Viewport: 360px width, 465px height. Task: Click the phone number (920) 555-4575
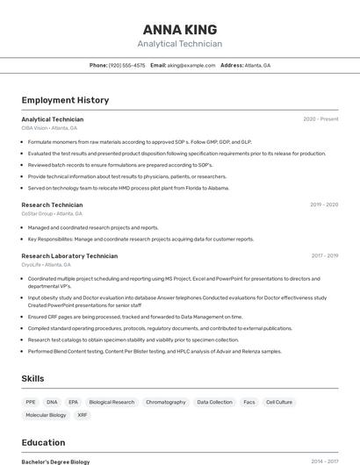(127, 65)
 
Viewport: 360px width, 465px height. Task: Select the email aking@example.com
(191, 65)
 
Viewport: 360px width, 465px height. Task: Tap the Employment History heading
(65, 100)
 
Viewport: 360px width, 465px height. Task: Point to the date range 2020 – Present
(320, 119)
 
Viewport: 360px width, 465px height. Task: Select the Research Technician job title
(52, 204)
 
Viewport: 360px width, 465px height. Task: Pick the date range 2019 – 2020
(324, 204)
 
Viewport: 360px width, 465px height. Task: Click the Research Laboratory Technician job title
(69, 255)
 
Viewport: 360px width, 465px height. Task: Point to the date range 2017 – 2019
(324, 255)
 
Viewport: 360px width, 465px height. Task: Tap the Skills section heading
(34, 378)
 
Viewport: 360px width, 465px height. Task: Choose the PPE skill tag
(31, 402)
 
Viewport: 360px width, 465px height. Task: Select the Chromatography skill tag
(166, 402)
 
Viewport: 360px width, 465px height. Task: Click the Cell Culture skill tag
(279, 402)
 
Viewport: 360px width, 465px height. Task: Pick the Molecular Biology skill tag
(46, 415)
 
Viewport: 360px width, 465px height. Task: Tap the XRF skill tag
(83, 415)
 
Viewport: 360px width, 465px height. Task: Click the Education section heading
(43, 442)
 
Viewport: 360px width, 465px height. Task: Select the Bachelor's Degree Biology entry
(55, 461)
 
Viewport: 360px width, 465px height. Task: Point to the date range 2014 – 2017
(324, 461)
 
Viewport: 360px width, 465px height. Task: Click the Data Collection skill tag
(215, 402)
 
